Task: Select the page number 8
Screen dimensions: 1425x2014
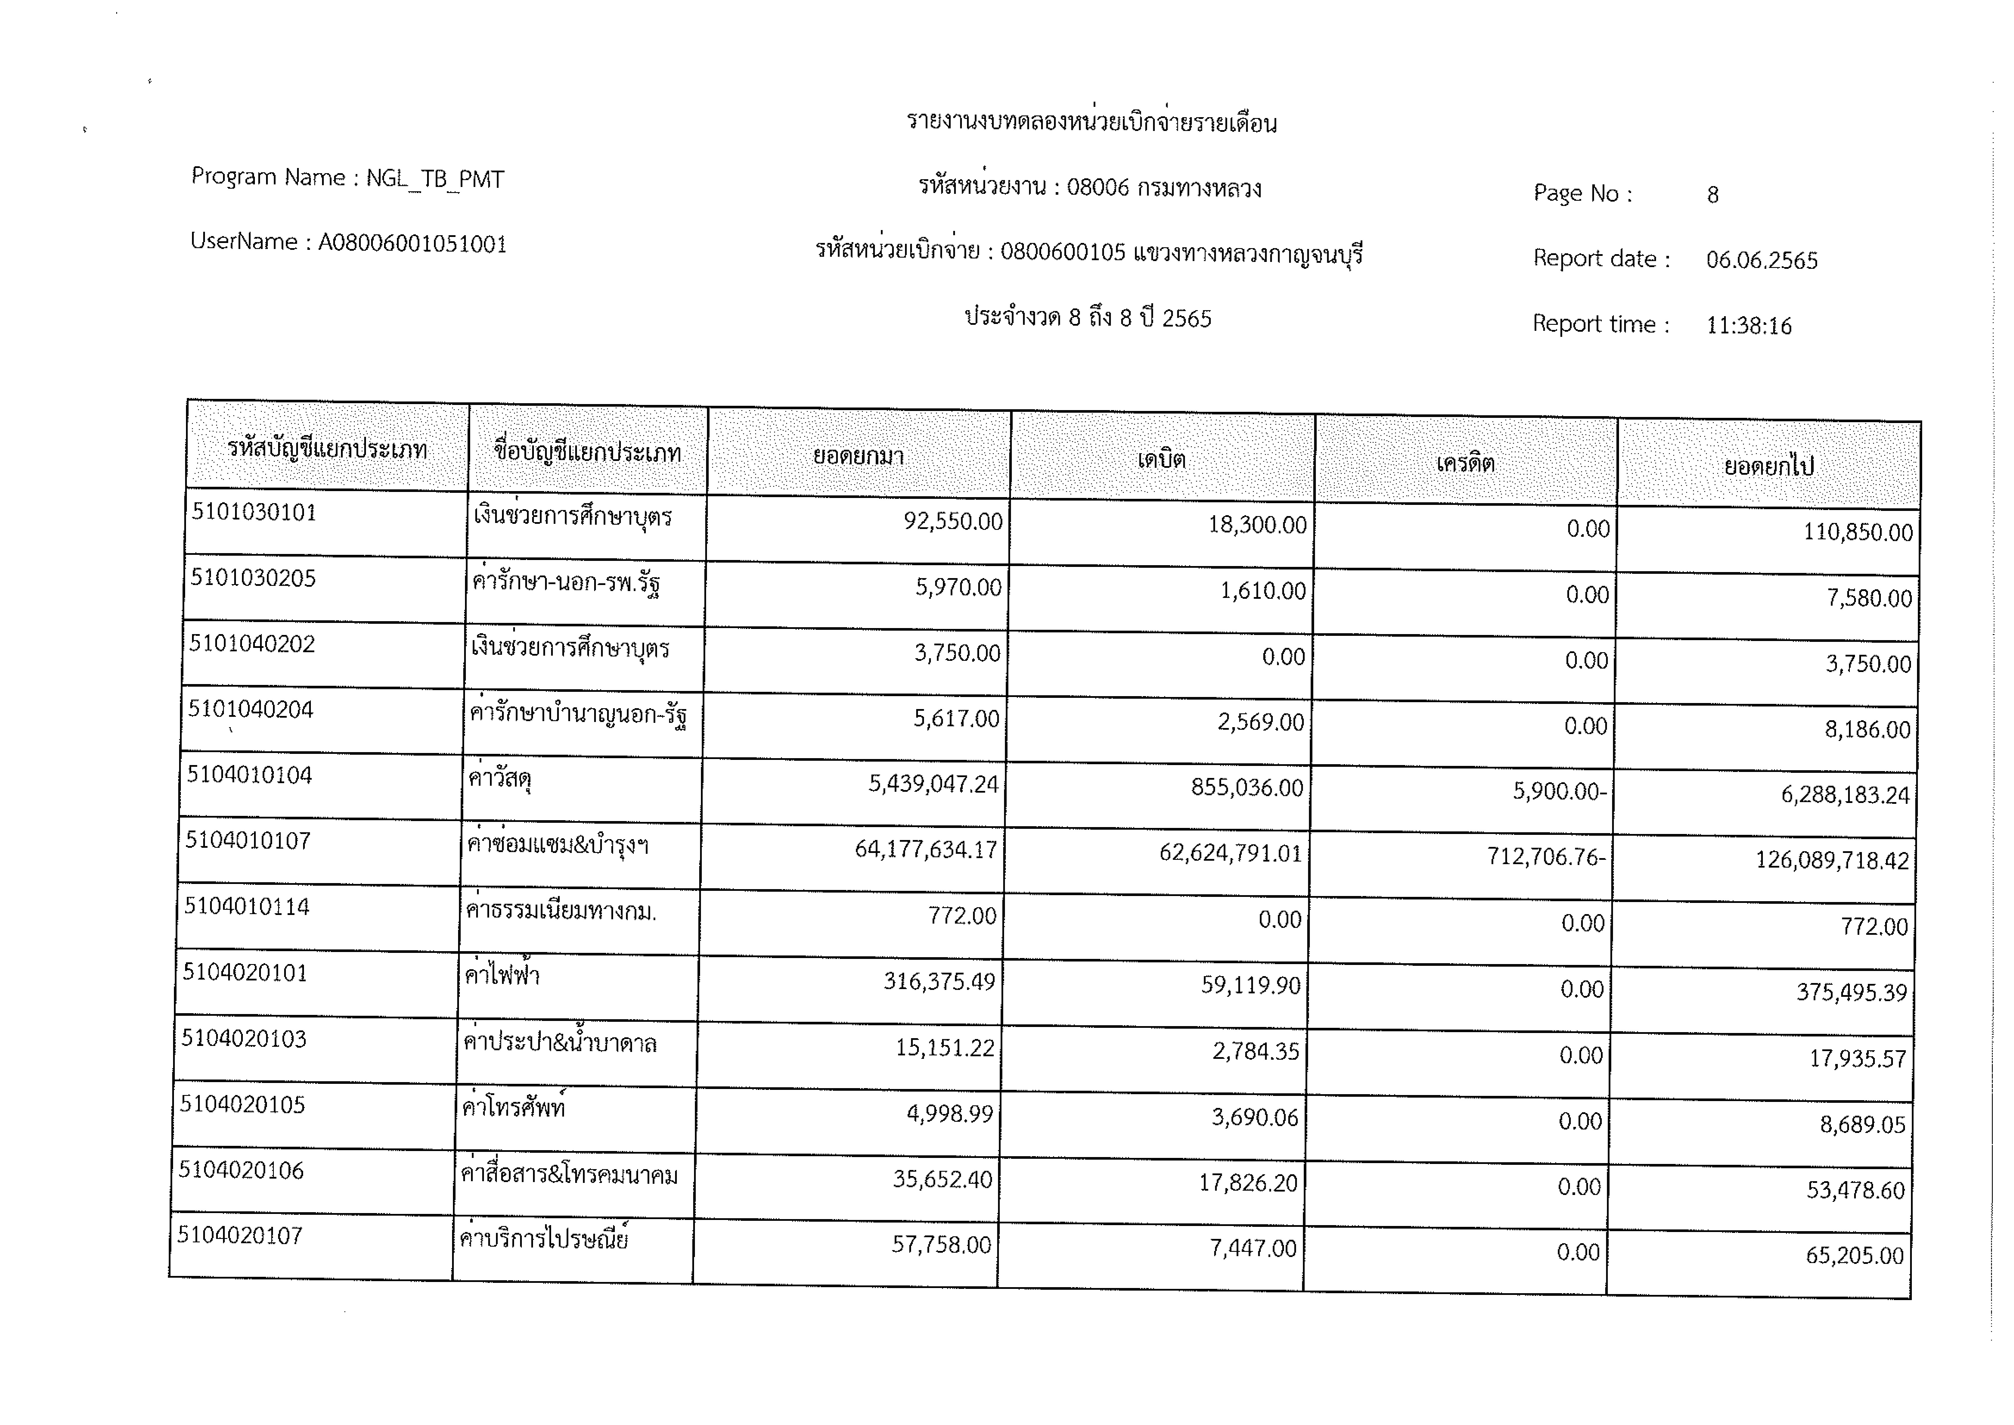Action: click(x=1712, y=195)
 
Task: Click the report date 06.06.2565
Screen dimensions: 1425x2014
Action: click(x=1761, y=260)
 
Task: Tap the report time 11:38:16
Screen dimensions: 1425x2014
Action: click(x=1748, y=326)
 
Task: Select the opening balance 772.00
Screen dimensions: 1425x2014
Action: click(x=962, y=916)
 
